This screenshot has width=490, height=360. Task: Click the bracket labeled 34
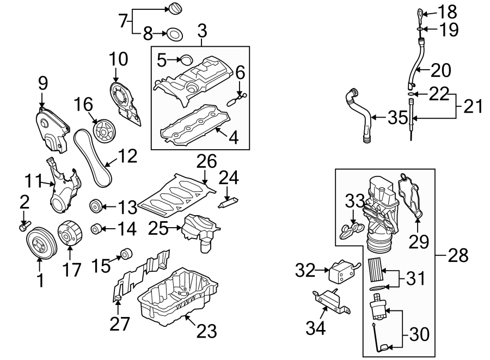331,301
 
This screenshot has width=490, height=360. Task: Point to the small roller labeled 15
127,253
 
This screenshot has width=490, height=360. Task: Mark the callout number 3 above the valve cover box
202,32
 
